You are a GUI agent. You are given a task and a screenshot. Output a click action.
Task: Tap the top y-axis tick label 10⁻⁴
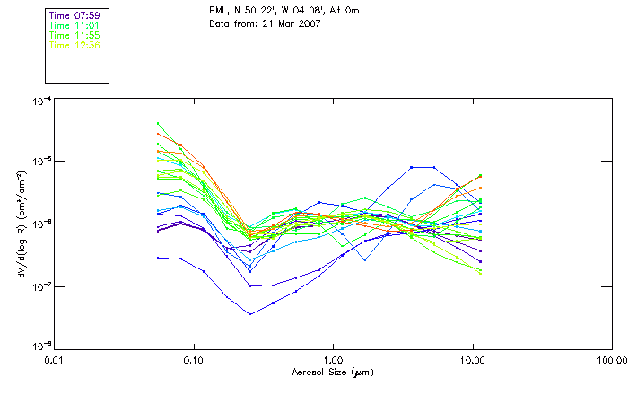tap(41, 101)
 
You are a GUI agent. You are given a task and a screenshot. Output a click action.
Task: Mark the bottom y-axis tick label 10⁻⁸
tap(41, 346)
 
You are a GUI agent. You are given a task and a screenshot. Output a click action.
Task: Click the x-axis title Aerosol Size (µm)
tap(332, 373)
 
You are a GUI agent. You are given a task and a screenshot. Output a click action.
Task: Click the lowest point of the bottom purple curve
tap(249, 313)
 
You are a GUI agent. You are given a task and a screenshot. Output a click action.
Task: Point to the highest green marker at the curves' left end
tap(158, 124)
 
